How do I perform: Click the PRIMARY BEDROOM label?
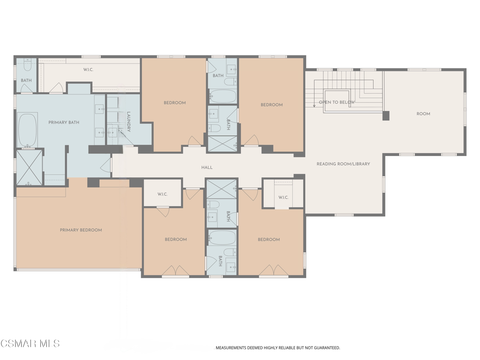pos(81,230)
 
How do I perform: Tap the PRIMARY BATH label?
pos(64,122)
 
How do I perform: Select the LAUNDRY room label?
pos(128,121)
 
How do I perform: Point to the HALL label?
pos(207,167)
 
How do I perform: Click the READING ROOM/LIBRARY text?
pos(343,164)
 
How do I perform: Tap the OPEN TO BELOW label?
pos(337,102)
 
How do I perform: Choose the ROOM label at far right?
pos(423,114)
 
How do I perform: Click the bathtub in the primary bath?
pos(28,130)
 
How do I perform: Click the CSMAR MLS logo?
pos(30,344)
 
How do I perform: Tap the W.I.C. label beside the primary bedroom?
pos(162,194)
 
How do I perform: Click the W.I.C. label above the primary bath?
pos(88,70)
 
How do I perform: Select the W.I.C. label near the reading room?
pos(283,197)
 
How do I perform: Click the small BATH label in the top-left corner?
pos(26,81)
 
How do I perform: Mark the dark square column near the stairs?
pos(386,116)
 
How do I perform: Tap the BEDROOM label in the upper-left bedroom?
pos(174,103)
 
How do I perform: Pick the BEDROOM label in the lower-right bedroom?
pos(269,240)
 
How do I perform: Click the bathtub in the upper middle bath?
pos(223,96)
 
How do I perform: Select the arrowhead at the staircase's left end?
pos(314,106)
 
